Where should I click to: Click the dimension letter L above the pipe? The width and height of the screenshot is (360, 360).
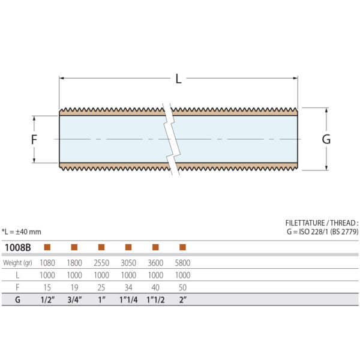coord(178,78)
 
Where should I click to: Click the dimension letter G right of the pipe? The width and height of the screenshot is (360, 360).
coord(326,139)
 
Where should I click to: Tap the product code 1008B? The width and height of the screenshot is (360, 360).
coord(17,247)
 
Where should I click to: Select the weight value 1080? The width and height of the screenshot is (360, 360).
coord(47,263)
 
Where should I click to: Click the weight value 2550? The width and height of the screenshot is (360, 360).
coord(101,263)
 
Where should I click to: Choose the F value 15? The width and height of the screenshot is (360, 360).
coord(47,287)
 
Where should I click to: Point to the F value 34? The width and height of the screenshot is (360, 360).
coord(128,287)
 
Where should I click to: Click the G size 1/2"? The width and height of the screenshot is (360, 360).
coord(47,299)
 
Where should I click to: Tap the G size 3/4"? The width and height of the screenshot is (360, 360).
coord(74,299)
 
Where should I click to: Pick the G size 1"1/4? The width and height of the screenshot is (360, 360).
coord(128,299)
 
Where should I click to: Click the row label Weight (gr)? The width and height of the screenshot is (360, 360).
coord(19,263)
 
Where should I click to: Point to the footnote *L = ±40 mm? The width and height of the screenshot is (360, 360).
coord(22,232)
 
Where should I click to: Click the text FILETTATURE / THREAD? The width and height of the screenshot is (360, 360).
coord(322,222)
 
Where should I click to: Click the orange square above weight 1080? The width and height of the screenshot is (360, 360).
coord(47,247)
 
